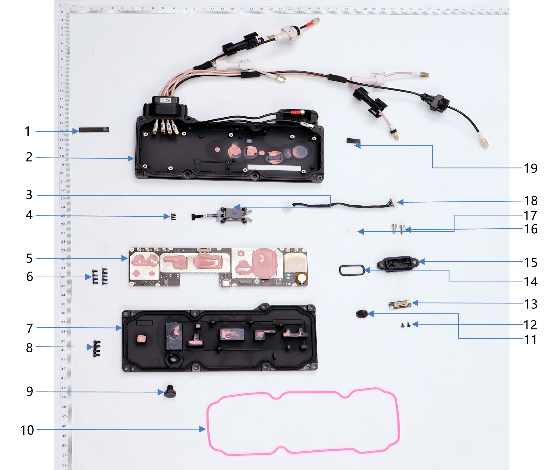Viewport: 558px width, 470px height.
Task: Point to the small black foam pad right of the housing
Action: pos(353,140)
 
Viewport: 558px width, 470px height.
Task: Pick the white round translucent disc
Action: pos(352,231)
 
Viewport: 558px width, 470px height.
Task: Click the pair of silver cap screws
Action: pos(398,228)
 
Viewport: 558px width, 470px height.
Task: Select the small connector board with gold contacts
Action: pos(400,304)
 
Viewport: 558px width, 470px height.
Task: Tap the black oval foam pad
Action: pos(361,314)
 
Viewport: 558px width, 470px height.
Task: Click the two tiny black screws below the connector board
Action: pos(405,325)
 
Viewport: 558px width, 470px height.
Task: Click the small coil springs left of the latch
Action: pos(173,217)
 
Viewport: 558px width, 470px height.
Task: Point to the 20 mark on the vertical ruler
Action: pos(62,173)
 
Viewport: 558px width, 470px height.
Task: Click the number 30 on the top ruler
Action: pos(364,9)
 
